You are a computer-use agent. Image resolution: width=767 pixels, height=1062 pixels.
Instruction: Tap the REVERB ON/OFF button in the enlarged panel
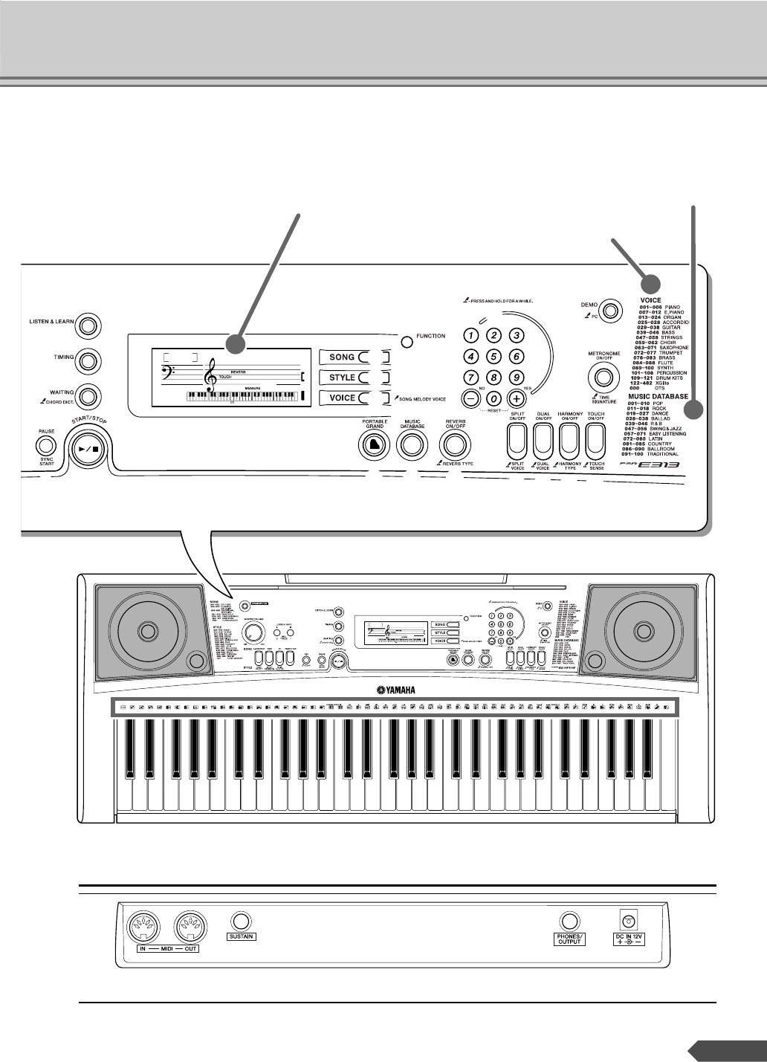point(455,444)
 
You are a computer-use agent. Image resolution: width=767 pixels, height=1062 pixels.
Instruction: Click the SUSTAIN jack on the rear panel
point(240,920)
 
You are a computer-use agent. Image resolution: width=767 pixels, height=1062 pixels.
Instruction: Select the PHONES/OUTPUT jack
point(569,922)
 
